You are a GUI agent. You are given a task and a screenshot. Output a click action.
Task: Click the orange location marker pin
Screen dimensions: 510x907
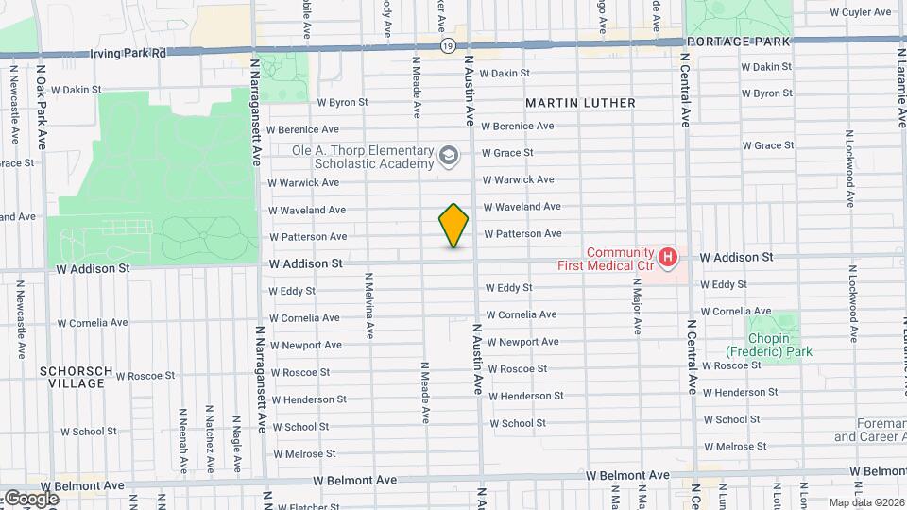point(453,226)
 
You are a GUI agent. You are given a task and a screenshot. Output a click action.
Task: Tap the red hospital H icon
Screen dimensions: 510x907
point(669,256)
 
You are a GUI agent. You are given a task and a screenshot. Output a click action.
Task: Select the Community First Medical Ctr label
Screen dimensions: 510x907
point(620,259)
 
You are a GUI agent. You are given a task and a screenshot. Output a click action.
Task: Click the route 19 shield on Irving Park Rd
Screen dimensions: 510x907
point(448,45)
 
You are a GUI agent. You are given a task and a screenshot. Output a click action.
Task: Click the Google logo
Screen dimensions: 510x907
point(30,498)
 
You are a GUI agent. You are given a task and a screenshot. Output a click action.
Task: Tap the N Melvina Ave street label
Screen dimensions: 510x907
point(369,301)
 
